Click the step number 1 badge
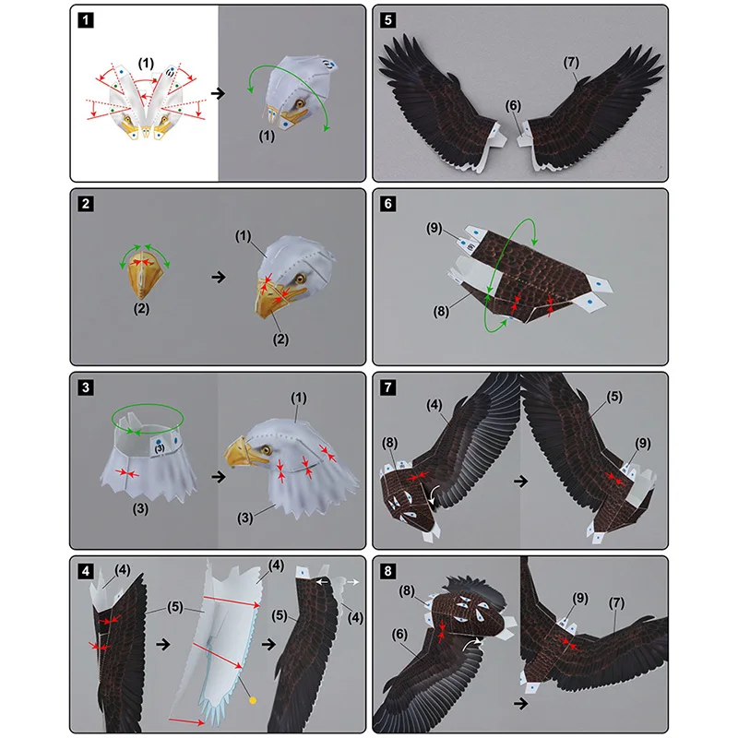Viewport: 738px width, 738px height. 86,20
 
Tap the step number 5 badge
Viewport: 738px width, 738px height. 387,20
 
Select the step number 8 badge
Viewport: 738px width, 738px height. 387,571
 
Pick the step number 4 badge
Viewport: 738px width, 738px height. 86,571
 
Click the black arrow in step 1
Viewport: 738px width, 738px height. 218,93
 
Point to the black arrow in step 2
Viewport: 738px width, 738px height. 219,277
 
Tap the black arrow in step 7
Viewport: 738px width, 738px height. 520,481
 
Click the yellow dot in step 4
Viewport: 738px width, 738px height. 253,701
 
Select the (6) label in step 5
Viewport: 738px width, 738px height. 513,106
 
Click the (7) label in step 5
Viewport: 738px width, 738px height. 571,62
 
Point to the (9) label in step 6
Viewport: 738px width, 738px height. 434,228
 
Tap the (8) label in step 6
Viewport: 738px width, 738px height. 441,311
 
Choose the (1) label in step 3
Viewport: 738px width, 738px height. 298,399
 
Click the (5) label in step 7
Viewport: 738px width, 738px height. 614,397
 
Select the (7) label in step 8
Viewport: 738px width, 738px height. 616,603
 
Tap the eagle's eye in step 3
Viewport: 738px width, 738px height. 266,449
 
